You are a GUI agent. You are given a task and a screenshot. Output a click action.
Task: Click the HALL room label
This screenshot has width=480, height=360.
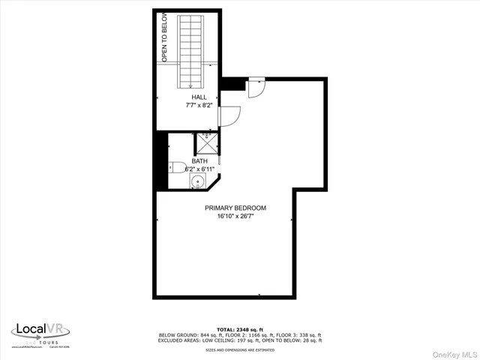[199, 97]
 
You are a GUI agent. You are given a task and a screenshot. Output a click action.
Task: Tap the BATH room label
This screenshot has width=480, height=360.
[199, 161]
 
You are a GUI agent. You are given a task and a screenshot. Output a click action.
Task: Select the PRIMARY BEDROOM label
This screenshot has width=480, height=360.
[235, 208]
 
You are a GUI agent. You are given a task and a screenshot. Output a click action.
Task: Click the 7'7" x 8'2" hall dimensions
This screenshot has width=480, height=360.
[199, 106]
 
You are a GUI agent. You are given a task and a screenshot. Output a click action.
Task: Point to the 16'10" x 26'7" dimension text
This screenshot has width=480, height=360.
[235, 217]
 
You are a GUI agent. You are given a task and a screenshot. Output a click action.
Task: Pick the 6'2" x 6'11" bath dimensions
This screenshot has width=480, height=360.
[200, 169]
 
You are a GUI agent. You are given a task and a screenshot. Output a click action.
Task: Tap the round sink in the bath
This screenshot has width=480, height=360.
[199, 181]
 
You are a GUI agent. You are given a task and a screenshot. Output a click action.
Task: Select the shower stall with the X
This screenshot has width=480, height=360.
[206, 140]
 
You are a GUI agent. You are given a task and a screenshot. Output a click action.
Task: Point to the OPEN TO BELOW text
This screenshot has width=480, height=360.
[163, 37]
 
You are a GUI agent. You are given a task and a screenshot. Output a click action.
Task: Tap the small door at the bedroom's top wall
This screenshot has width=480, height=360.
[256, 87]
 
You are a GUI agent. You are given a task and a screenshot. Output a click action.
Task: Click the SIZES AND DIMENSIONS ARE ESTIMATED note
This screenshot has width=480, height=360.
[240, 349]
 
